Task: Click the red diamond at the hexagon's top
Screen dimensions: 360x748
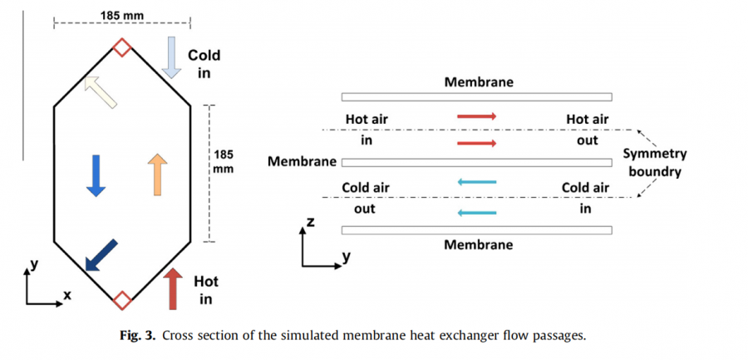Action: tap(121, 48)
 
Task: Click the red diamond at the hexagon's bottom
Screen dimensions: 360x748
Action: tap(122, 298)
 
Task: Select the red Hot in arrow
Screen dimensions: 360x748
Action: tap(174, 287)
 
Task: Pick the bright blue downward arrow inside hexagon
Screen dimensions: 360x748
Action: tap(96, 175)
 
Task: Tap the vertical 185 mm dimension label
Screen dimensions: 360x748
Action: tap(223, 161)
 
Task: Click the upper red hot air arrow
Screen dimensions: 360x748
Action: tap(476, 116)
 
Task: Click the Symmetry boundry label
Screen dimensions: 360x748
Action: tap(655, 163)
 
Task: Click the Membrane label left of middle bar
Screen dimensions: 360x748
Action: tap(302, 161)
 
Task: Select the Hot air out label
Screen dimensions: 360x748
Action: tap(587, 130)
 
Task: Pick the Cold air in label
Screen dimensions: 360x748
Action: tap(585, 198)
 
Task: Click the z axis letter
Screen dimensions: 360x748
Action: tap(309, 223)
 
